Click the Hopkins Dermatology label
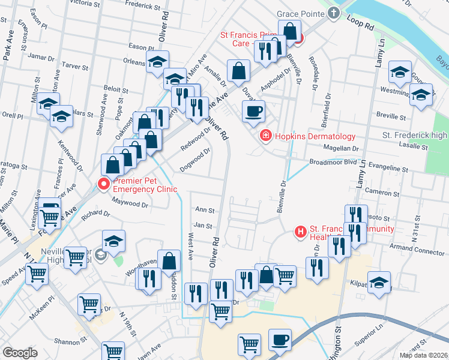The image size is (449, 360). pos(315,137)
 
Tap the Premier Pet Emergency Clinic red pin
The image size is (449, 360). pos(103,184)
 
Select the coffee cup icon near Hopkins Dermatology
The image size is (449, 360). pos(253,111)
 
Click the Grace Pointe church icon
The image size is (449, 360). pos(334,13)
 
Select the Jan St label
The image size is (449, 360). pos(204,226)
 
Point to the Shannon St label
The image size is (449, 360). pos(71,342)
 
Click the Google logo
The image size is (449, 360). pos(20,353)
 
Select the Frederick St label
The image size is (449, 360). pos(143,7)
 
